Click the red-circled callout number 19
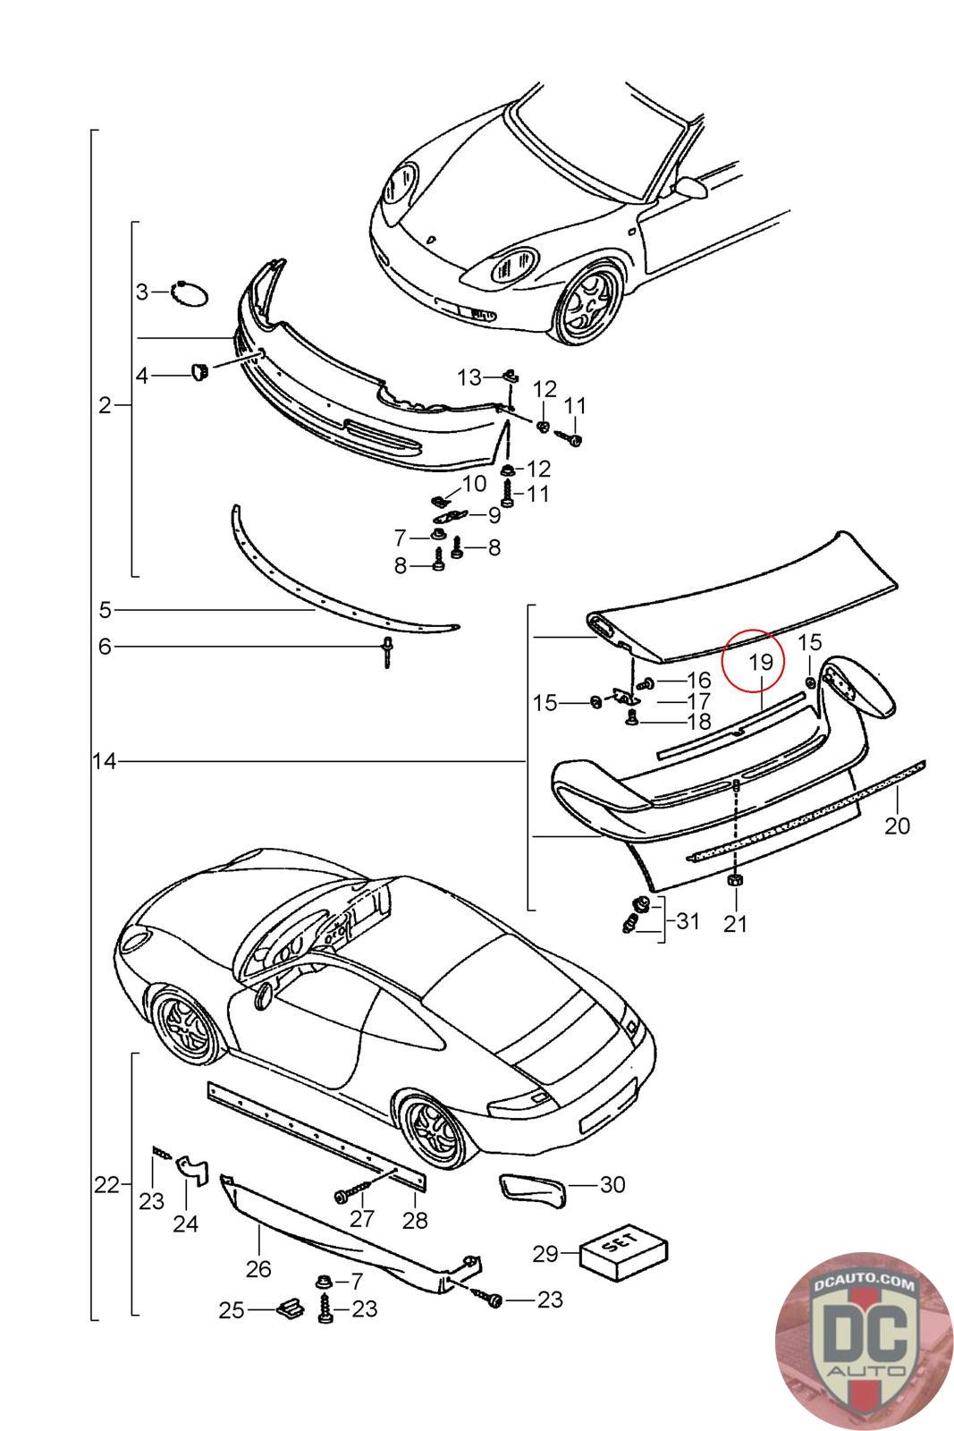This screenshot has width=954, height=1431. pyautogui.click(x=760, y=663)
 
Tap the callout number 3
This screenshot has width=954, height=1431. pyautogui.click(x=143, y=292)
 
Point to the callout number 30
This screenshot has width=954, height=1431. pyautogui.click(x=612, y=1185)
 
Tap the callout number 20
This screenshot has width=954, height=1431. pyautogui.click(x=897, y=826)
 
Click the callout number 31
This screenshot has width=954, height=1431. pyautogui.click(x=688, y=920)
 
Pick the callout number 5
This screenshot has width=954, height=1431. pyautogui.click(x=106, y=610)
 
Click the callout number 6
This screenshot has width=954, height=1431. pyautogui.click(x=106, y=646)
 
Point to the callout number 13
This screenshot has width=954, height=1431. pyautogui.click(x=469, y=377)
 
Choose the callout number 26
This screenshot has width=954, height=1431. pyautogui.click(x=258, y=1268)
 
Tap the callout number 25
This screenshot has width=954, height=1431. pyautogui.click(x=232, y=1310)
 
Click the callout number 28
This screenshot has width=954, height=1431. pyautogui.click(x=416, y=1219)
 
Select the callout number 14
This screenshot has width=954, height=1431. pyautogui.click(x=105, y=762)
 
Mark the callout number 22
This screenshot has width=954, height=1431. pyautogui.click(x=106, y=1185)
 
